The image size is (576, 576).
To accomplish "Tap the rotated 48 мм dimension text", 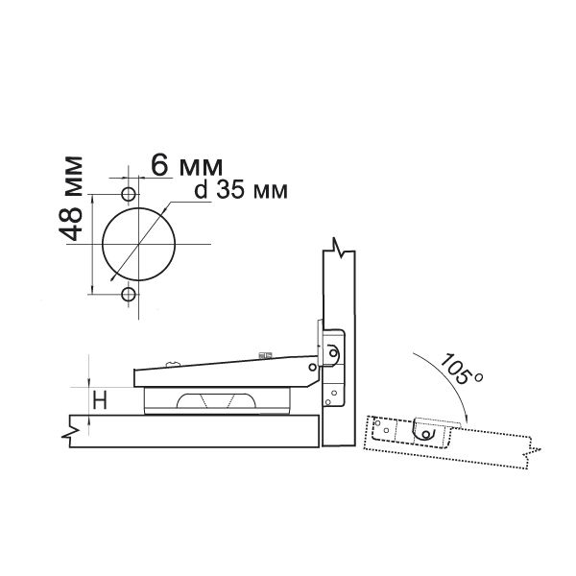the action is click(x=71, y=199).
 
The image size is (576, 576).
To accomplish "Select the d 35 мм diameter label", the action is click(x=241, y=190).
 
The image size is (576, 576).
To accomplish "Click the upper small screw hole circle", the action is click(x=129, y=194).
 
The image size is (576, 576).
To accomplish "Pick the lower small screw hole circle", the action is click(x=129, y=294).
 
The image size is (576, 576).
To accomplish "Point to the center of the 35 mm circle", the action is click(x=139, y=244).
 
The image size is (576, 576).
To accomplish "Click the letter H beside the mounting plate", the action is click(x=100, y=400).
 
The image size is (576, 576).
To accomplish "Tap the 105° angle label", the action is click(x=461, y=370).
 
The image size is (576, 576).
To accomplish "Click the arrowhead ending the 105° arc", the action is click(x=467, y=418).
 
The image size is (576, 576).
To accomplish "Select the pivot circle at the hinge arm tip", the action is click(x=312, y=367).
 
